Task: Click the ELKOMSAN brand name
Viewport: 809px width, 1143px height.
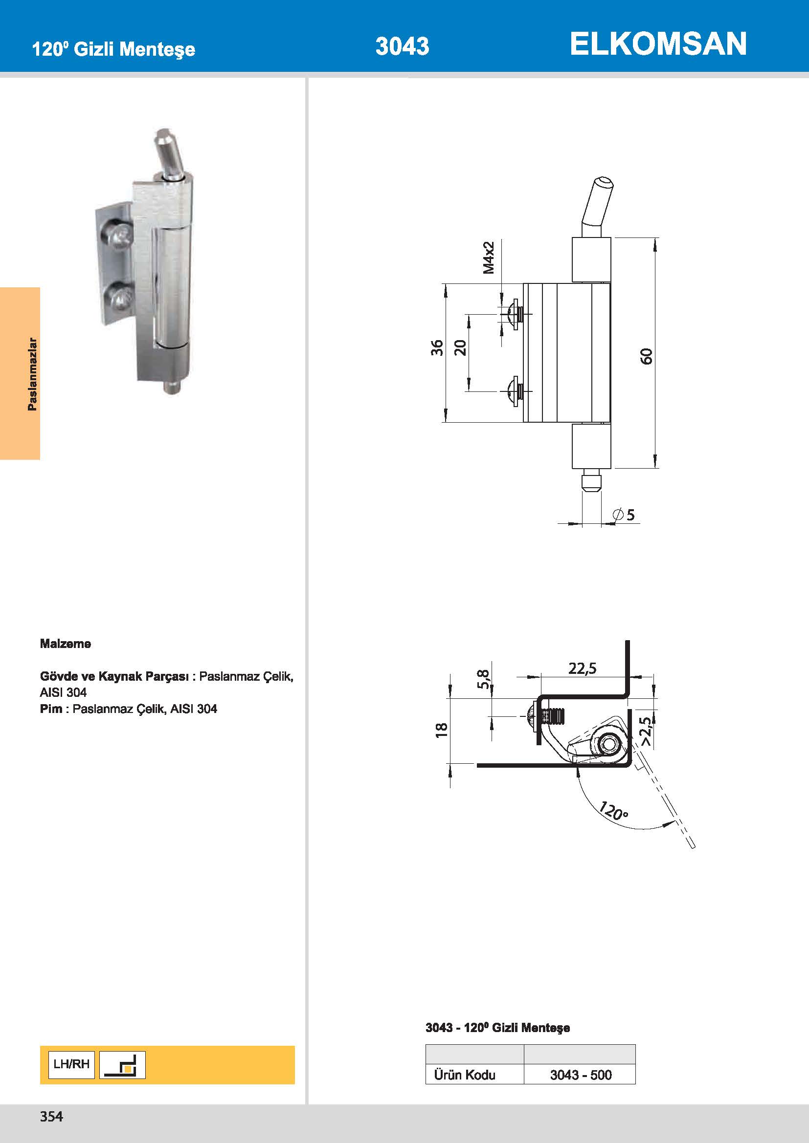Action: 657,44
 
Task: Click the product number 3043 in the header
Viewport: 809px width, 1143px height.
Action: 402,46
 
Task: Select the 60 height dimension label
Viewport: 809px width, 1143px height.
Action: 646,356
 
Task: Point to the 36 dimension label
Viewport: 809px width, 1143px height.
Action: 437,347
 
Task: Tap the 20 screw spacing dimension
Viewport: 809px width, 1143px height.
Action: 460,347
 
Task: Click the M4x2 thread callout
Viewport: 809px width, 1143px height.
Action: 489,258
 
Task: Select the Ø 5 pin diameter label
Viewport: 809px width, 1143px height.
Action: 624,514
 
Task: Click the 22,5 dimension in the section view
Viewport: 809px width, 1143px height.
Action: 583,668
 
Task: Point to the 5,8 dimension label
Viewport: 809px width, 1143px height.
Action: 483,679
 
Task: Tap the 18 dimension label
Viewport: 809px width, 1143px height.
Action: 442,730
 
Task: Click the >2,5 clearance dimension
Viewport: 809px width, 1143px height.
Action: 646,731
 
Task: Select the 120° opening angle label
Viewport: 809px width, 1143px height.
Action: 613,810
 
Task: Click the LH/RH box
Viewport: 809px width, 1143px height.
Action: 71,1064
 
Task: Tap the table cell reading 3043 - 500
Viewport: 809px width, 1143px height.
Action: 581,1075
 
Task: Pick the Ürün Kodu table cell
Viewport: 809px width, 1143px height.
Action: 464,1075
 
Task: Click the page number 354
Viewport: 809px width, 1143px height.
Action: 51,1117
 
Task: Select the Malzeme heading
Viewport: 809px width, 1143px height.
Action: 65,644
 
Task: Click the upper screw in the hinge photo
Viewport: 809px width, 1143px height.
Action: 118,235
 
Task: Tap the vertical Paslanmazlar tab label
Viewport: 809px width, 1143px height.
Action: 32,374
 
